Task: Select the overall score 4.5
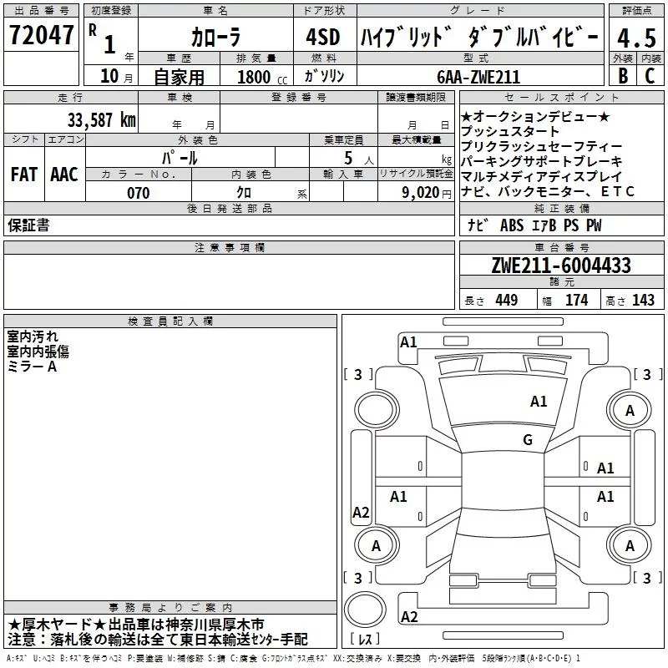click(x=635, y=38)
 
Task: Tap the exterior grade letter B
click(x=622, y=76)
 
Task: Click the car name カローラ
click(x=215, y=38)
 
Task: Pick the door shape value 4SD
click(x=322, y=38)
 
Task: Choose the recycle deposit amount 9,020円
click(x=427, y=193)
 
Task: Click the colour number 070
click(x=138, y=193)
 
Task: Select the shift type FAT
click(x=23, y=174)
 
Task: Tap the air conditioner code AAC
click(x=64, y=174)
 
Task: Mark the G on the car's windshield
click(x=528, y=440)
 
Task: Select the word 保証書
click(x=28, y=225)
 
